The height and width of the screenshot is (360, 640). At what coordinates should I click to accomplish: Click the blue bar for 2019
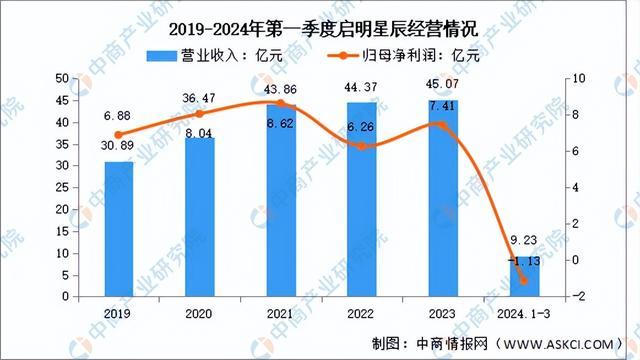point(119,229)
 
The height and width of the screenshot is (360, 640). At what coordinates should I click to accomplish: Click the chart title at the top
point(320,28)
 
